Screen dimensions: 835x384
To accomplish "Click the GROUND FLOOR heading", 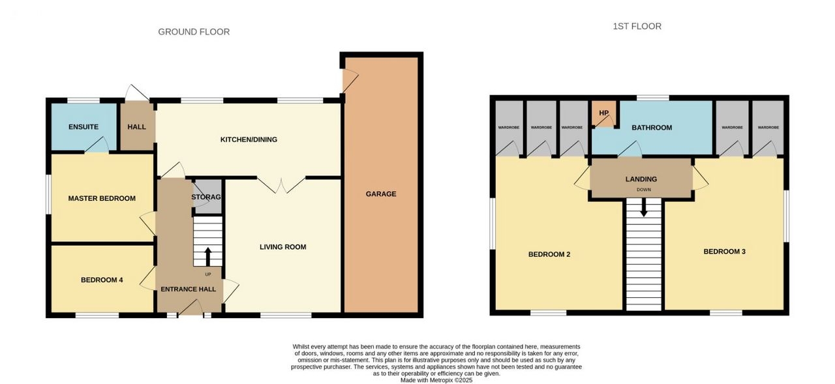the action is [x=194, y=32].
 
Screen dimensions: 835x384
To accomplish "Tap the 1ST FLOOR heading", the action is [x=637, y=27].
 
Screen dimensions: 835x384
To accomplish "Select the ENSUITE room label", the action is [x=83, y=127].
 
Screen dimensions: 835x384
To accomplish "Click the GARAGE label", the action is [x=381, y=194].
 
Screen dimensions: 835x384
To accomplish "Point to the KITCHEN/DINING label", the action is [x=249, y=140].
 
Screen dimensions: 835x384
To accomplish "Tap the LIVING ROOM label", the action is [x=283, y=247].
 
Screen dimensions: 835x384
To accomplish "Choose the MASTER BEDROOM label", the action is [x=102, y=198].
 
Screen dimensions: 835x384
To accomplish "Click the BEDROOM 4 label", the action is [x=102, y=280].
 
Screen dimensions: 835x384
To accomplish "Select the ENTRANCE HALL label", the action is [x=189, y=289].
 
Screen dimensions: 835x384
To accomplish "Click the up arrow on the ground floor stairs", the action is [x=208, y=257].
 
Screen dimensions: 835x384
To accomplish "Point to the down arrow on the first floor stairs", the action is [x=644, y=207].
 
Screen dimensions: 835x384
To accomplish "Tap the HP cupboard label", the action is [x=604, y=113].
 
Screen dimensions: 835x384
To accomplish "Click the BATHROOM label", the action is [x=652, y=128].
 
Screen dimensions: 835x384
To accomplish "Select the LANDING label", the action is [x=641, y=179].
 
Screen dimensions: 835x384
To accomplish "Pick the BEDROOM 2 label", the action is [x=549, y=254].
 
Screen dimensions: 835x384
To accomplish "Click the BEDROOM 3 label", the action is [x=725, y=252].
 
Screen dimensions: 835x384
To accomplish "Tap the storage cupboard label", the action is [x=206, y=197].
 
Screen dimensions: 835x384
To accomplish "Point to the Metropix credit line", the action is [x=436, y=380].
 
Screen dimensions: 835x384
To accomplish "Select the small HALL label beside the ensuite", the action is [x=137, y=127].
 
